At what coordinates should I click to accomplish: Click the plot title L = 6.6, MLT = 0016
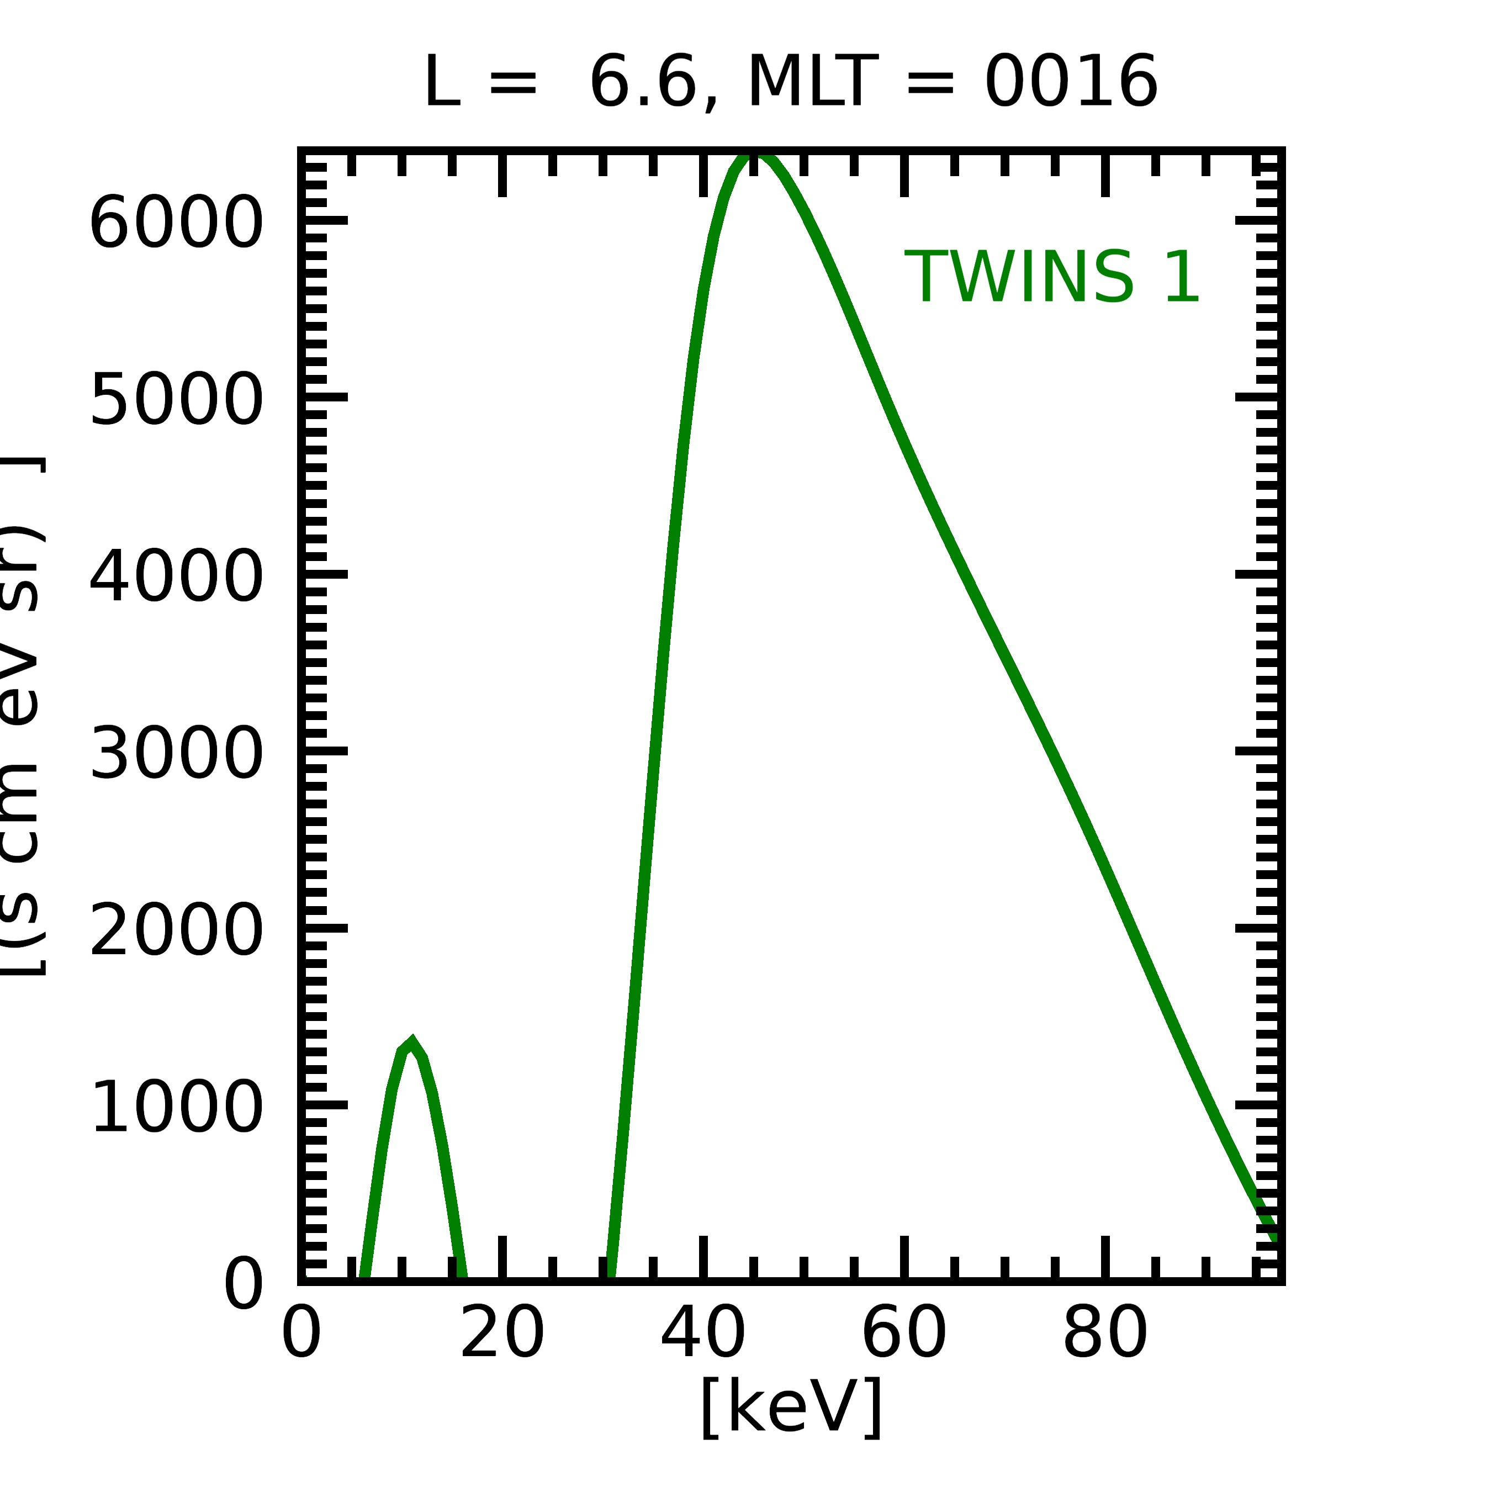[x=790, y=83]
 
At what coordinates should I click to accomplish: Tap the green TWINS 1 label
[x=1051, y=277]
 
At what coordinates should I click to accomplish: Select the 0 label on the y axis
[x=244, y=1284]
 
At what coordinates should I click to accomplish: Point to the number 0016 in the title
[x=1070, y=83]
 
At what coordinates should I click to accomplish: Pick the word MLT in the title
[x=812, y=83]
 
